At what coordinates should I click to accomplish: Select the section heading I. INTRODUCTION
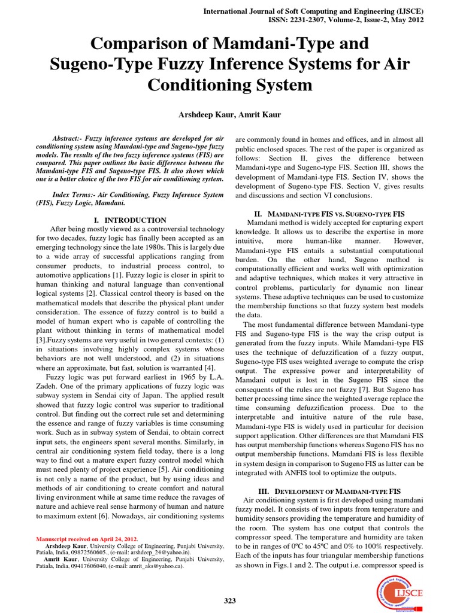130,220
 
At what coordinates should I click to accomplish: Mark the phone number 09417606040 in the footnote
76,565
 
